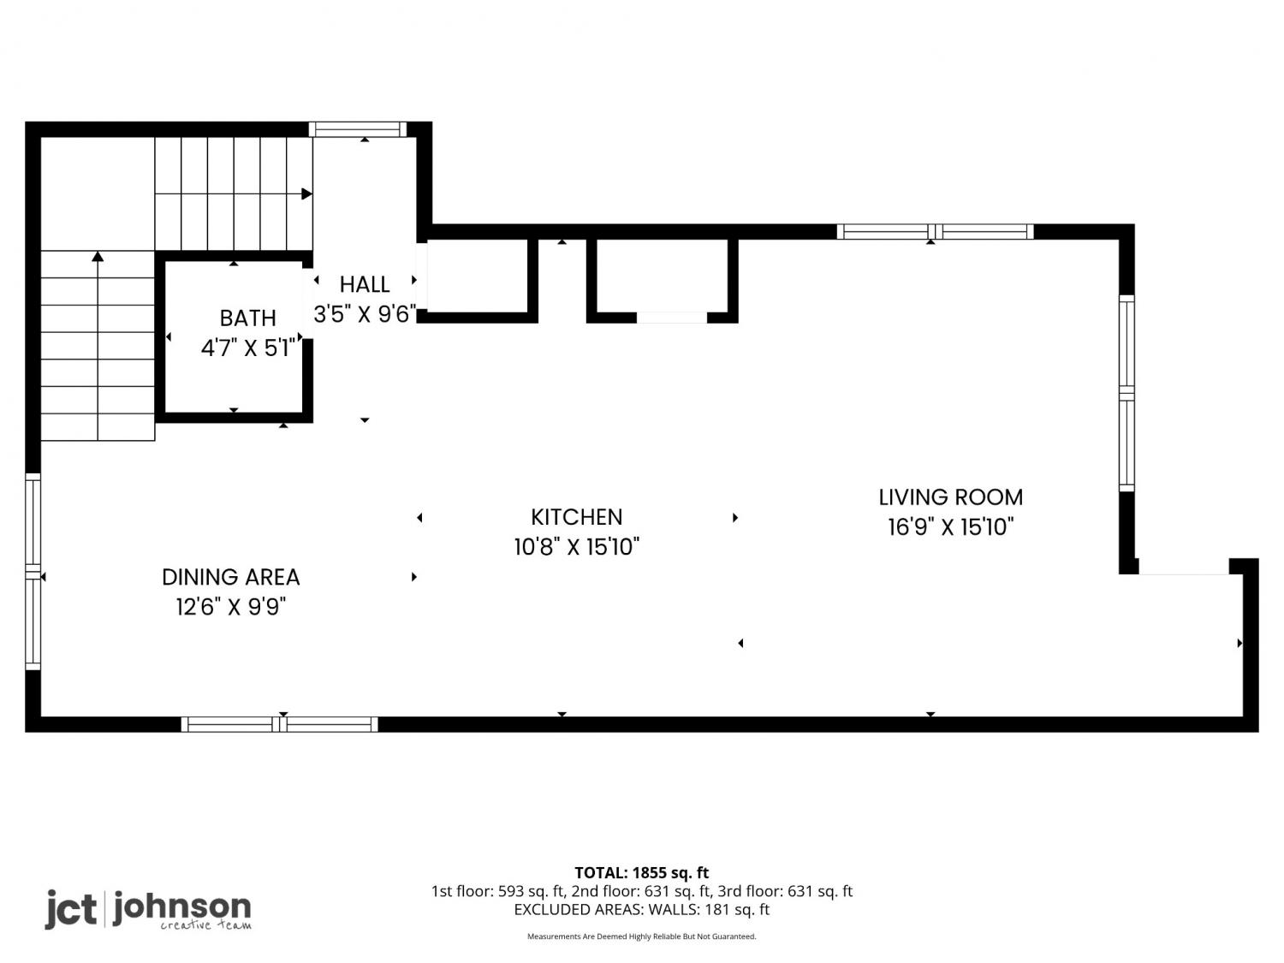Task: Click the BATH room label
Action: pos(247,318)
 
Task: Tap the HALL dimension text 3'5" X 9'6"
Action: pos(365,314)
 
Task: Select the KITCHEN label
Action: pos(576,517)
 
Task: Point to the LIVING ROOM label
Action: pos(950,497)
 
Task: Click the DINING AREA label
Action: pos(230,577)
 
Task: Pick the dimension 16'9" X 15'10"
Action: pos(950,526)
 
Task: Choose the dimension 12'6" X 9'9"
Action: pos(230,607)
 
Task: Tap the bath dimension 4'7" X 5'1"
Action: pos(247,348)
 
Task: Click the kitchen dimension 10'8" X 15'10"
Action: pos(576,547)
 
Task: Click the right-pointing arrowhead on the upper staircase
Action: pos(306,193)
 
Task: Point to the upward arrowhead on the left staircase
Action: pos(98,256)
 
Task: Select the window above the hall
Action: pos(358,129)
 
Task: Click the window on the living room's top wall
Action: pos(935,231)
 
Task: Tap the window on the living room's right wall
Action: pos(1126,394)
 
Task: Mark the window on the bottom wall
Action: pos(279,724)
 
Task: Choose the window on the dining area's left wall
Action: pos(33,572)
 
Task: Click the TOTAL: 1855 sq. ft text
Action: pos(642,873)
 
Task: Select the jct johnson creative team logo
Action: pos(149,910)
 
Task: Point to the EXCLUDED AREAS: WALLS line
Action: pos(642,910)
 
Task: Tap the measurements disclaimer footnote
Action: pos(642,936)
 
